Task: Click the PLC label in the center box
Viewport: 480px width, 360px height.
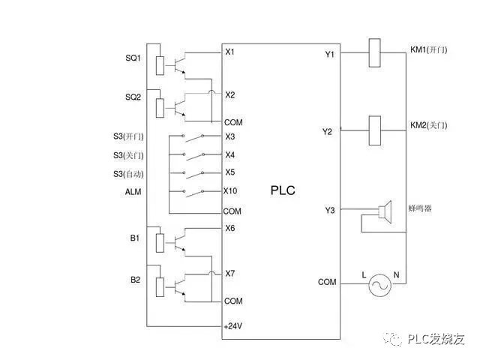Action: (x=283, y=190)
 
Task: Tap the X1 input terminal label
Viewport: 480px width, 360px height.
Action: (x=230, y=52)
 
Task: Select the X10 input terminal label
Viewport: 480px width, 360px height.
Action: (x=231, y=190)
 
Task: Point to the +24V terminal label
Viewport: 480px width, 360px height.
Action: (x=233, y=327)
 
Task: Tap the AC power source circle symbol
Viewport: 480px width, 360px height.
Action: (x=379, y=284)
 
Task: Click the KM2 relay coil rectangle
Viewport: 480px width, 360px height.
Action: (x=376, y=130)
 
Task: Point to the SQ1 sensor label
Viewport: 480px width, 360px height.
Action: (x=133, y=58)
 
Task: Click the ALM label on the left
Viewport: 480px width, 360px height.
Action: (x=133, y=192)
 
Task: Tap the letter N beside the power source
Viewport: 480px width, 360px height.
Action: (x=397, y=275)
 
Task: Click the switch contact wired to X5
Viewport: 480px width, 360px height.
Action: (x=196, y=173)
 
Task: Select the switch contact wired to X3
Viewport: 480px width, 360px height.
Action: (x=196, y=136)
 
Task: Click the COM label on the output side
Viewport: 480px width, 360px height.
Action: (x=327, y=282)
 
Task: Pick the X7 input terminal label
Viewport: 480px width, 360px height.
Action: (x=230, y=274)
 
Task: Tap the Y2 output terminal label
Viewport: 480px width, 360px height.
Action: (x=327, y=132)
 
